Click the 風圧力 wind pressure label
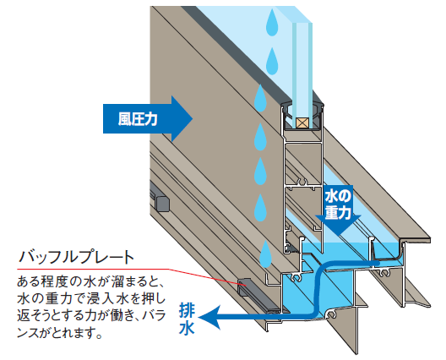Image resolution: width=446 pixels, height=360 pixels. coord(138,119)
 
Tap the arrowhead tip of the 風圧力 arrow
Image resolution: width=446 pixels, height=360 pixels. coord(193,118)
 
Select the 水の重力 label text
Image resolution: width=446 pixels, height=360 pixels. coord(338,205)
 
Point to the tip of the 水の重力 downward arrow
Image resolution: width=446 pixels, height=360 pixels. coord(339,236)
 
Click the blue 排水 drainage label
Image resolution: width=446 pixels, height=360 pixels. coord(187,319)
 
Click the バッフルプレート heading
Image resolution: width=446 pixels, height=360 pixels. coord(76,257)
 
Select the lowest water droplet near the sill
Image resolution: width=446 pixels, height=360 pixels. coord(266,254)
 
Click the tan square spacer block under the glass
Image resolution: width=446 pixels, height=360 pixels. coord(302,123)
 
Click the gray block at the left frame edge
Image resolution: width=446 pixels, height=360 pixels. coord(161,203)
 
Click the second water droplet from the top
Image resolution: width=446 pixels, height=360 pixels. coord(272,61)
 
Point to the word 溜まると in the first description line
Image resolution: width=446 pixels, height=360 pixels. coord(137,282)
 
